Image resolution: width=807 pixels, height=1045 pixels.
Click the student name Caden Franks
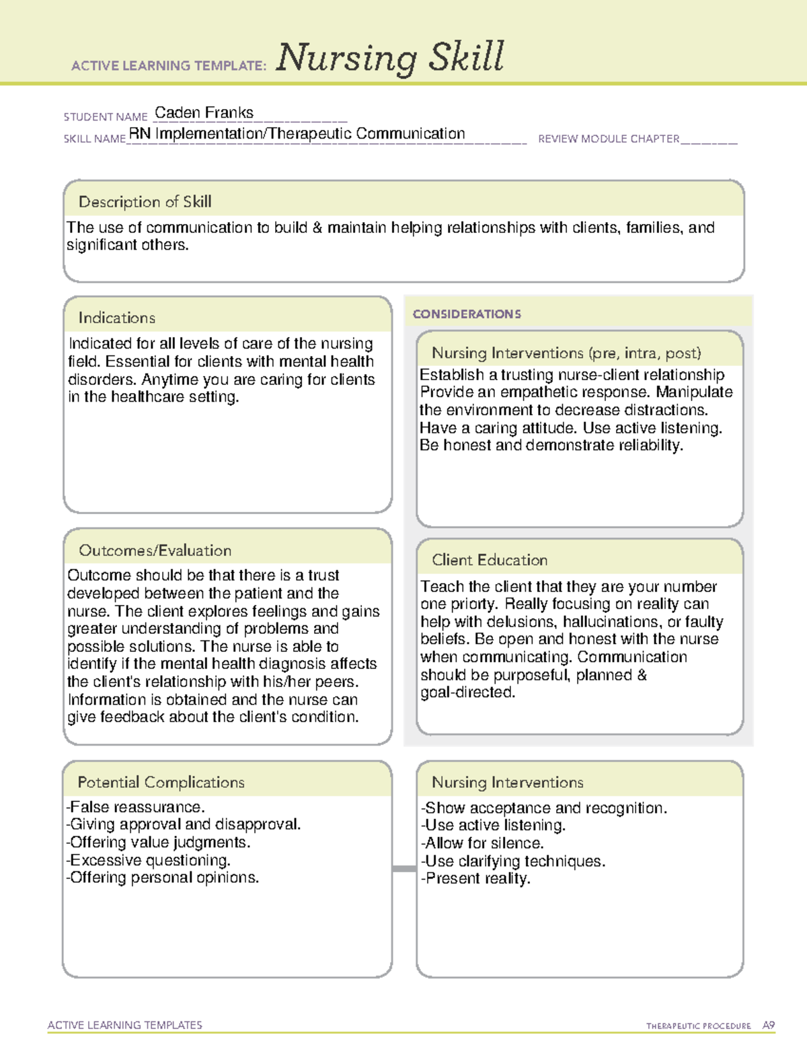point(204,113)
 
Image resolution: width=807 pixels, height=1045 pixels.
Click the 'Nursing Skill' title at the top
point(389,57)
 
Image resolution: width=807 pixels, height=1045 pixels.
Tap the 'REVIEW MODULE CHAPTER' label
point(609,139)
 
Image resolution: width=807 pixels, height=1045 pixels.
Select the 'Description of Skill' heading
point(145,202)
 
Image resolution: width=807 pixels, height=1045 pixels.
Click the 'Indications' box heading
point(116,318)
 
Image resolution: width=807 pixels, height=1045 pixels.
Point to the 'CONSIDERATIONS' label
point(467,314)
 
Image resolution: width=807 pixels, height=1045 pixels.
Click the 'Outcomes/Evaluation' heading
point(155,550)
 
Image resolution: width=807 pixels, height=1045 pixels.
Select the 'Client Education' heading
point(489,560)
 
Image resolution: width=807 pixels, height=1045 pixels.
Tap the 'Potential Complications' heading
point(161,782)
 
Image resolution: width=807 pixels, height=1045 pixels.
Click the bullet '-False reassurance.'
point(135,807)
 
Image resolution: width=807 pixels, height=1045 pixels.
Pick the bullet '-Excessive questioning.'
point(148,860)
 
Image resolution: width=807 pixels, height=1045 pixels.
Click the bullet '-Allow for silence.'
point(482,843)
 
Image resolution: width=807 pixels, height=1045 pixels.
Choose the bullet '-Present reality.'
point(475,878)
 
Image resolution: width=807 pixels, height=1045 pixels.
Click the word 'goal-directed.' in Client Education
point(467,692)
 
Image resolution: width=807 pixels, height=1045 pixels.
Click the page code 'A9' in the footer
point(768,1025)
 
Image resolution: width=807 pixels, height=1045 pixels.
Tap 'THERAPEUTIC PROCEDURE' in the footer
point(698,1026)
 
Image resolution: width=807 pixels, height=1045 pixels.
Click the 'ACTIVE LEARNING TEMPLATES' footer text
point(125,1025)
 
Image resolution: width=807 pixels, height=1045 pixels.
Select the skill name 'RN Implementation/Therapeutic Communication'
point(297,134)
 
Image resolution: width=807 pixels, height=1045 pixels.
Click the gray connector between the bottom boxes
point(404,869)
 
